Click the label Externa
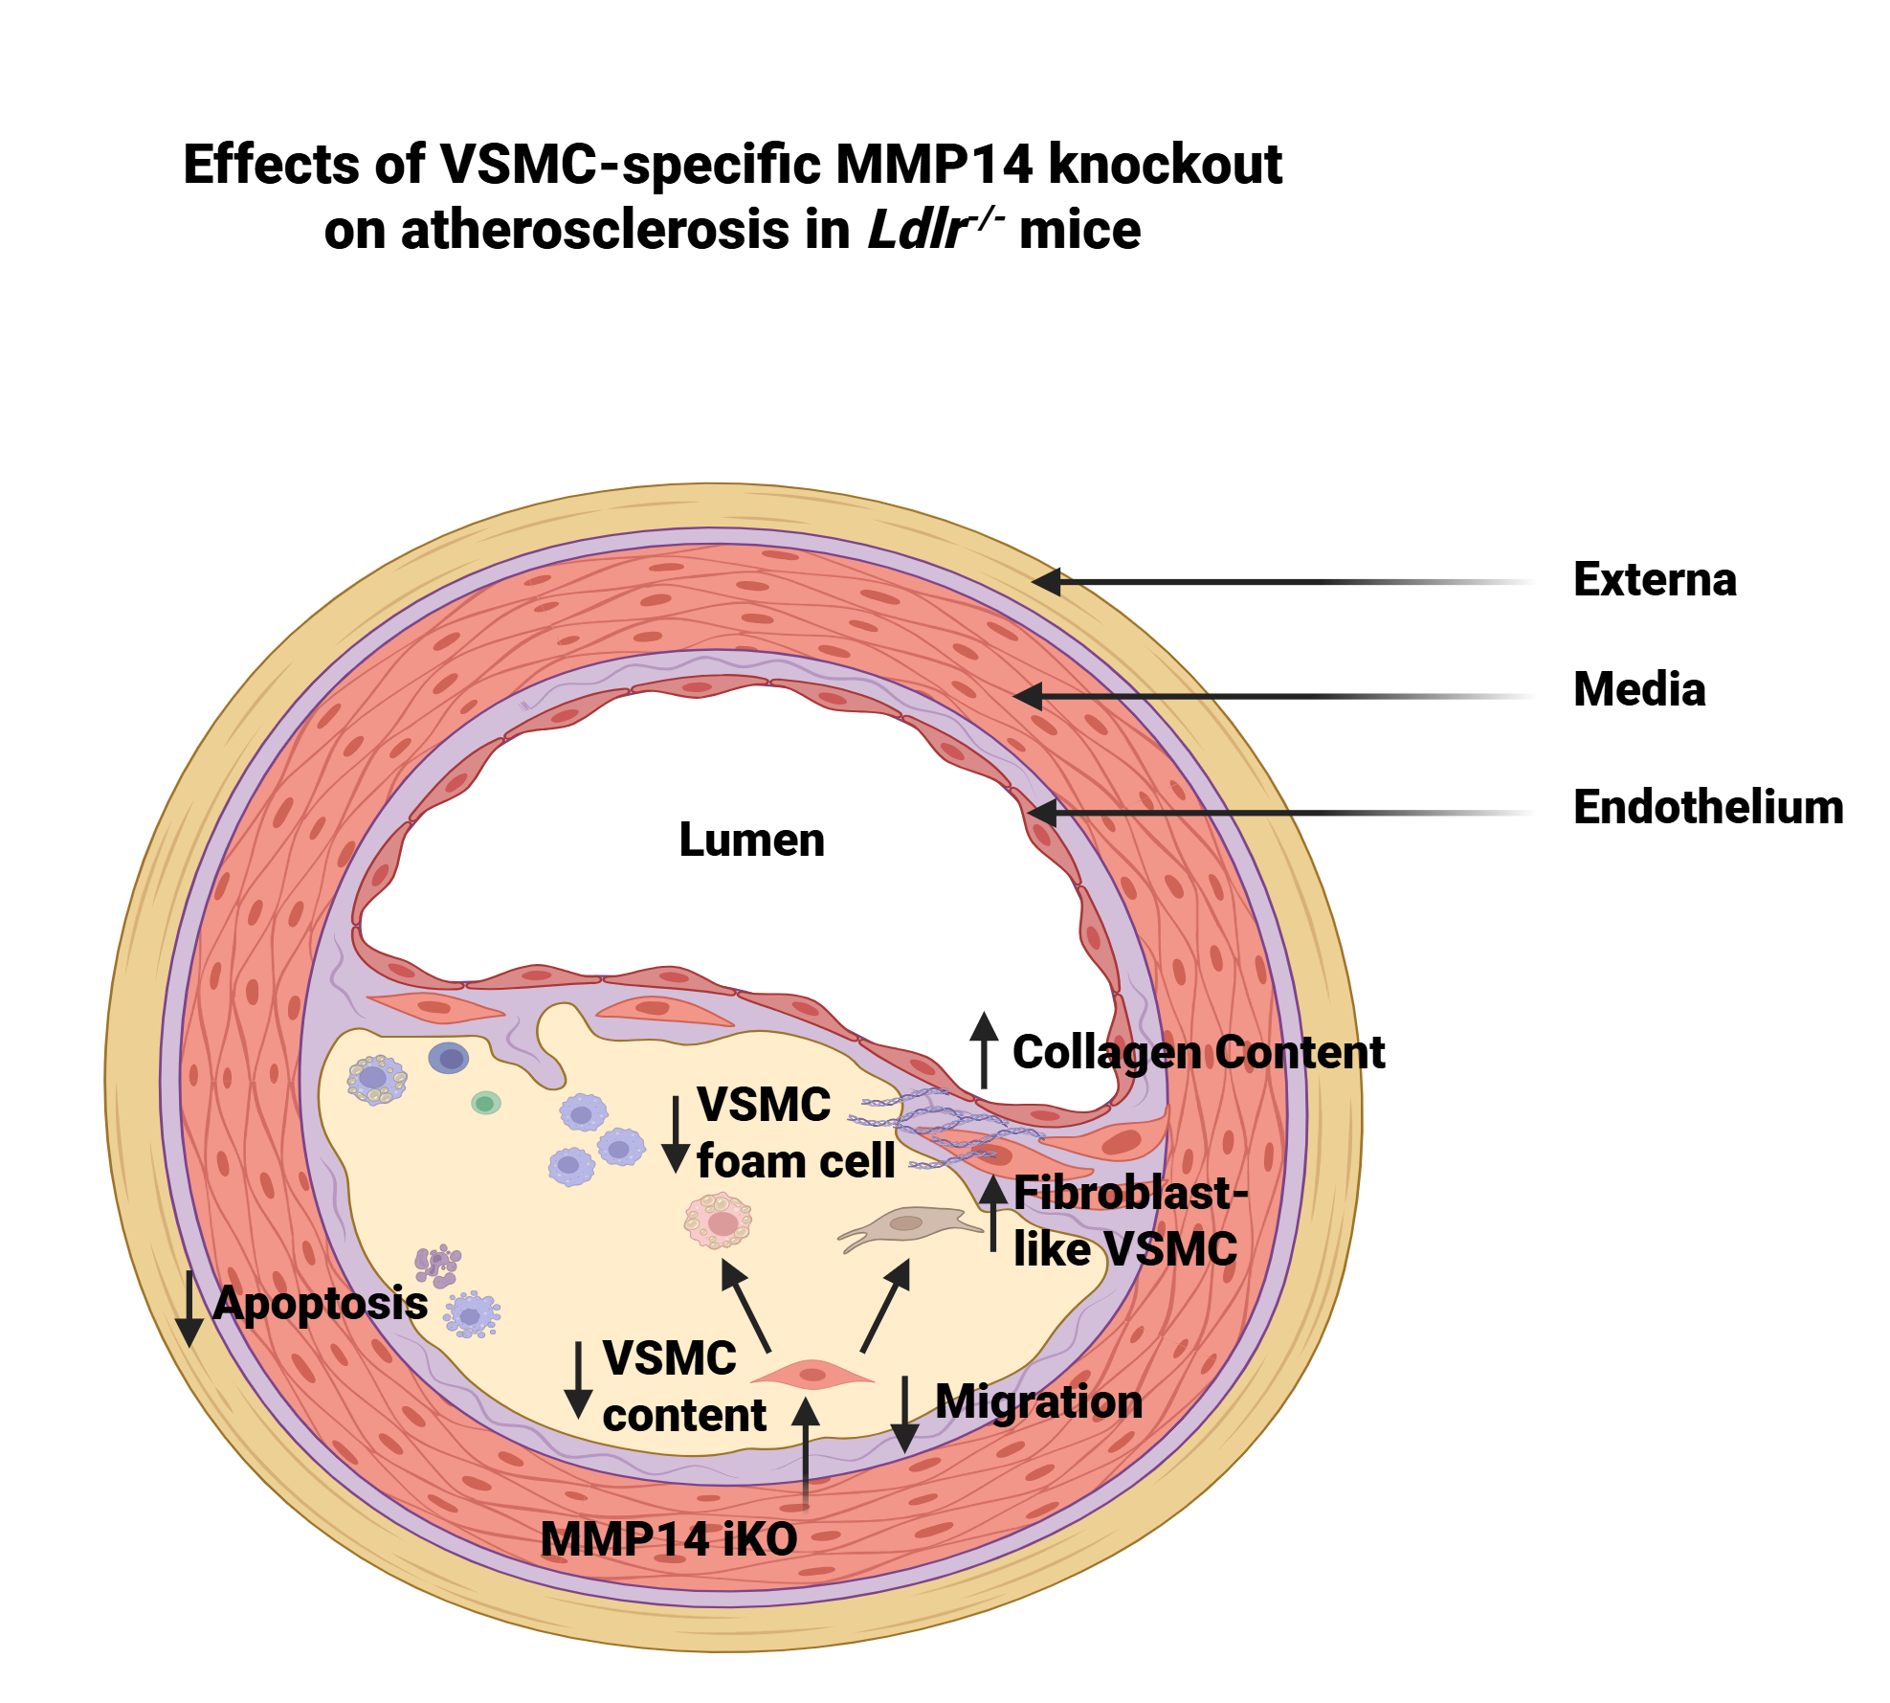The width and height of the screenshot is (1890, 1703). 1654,580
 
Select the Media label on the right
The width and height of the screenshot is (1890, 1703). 1638,689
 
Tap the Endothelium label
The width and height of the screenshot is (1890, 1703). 1707,807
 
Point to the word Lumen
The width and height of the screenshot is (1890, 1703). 751,840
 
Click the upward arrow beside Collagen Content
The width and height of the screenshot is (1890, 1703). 984,1050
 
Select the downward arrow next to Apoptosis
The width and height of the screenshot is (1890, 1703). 189,1308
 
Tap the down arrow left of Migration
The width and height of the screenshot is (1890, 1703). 904,1414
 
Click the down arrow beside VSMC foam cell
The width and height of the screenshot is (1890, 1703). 676,1134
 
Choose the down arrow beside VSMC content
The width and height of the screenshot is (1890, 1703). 577,1379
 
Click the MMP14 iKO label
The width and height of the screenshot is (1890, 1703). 668,1539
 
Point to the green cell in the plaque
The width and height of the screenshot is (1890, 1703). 485,1104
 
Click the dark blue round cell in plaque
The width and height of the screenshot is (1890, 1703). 448,1058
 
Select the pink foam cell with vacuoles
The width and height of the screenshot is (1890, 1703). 719,1221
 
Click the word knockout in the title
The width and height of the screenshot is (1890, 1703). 1165,165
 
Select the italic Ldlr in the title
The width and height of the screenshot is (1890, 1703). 915,231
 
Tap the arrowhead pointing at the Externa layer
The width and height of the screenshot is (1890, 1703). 1047,581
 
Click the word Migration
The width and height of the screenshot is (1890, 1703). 1038,1402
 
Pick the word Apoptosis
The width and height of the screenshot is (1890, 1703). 320,1304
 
